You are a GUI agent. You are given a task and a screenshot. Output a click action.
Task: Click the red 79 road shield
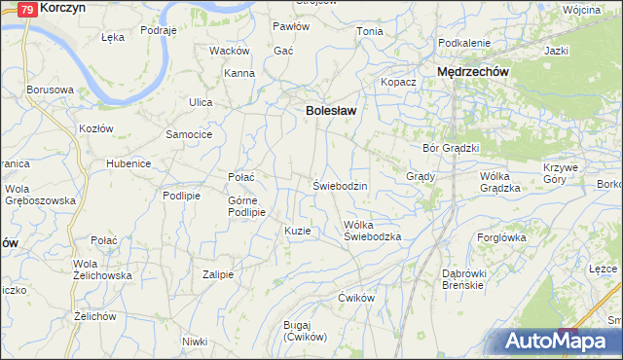(28, 8)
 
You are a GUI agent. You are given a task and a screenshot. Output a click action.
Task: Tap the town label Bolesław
(331, 111)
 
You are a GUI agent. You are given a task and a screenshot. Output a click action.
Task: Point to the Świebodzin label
(339, 185)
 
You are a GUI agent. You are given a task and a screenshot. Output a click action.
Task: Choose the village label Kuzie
(298, 231)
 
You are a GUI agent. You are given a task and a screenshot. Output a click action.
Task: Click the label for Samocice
(189, 133)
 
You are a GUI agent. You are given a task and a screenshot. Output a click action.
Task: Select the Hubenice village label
(128, 163)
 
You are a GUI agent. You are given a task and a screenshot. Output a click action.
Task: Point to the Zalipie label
(218, 274)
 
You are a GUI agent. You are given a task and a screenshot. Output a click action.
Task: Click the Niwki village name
(195, 341)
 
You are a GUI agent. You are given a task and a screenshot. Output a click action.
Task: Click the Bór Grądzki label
(452, 148)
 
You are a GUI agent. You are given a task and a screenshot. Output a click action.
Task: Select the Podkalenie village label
(463, 44)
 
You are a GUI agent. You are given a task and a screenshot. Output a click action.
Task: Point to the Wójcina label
(581, 9)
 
